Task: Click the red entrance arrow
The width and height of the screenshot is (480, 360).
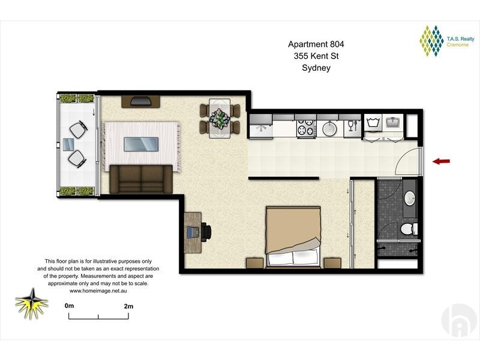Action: (x=442, y=161)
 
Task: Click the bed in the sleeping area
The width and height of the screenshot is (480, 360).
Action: (x=293, y=235)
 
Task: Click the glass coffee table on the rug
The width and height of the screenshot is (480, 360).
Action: (x=141, y=145)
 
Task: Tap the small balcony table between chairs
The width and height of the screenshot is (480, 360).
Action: (x=70, y=144)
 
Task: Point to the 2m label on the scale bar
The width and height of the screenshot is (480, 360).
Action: (x=128, y=306)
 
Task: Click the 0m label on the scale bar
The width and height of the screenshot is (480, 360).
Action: (x=69, y=306)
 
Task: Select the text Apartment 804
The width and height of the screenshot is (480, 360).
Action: (x=316, y=44)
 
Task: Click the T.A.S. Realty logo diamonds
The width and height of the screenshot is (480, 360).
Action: (x=431, y=41)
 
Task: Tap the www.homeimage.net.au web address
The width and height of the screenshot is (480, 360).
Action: (x=98, y=290)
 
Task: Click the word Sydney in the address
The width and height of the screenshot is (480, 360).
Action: (x=316, y=68)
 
